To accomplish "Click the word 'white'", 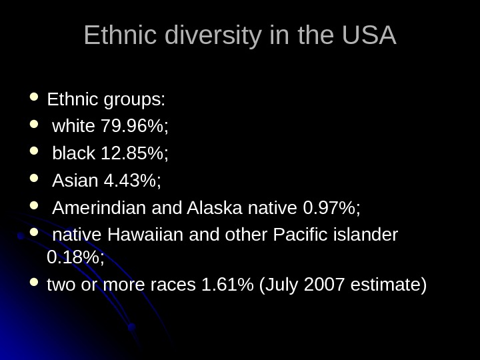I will pos(73,126).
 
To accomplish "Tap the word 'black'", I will pos(74,154).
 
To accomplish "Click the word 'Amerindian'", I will pos(101,209).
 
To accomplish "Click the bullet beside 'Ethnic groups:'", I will pos(35,99).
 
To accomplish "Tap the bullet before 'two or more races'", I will pos(35,285).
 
